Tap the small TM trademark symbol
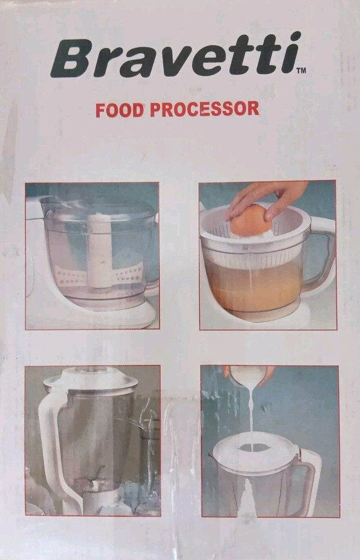click(301, 71)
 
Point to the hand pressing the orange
click(269, 196)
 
